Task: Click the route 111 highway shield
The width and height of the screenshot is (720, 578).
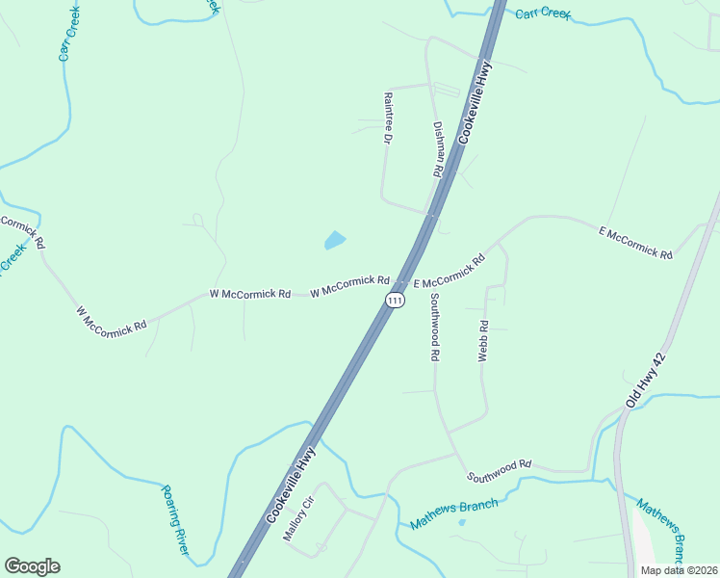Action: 394,301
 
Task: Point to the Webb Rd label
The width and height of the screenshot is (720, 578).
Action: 484,341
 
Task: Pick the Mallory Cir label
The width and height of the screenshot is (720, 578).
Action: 298,519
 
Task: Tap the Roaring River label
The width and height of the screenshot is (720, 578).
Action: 174,519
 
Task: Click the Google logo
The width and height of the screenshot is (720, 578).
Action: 32,566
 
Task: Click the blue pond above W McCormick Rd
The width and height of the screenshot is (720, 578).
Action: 335,240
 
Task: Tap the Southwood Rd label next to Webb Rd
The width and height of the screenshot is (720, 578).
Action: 435,327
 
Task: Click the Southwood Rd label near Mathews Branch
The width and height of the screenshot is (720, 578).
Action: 500,470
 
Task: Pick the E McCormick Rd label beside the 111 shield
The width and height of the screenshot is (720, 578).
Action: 449,271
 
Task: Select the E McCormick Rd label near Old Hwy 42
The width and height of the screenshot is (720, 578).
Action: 635,242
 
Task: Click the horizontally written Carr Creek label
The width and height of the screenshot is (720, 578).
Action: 543,13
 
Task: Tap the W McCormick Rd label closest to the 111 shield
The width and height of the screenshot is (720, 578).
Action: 349,286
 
